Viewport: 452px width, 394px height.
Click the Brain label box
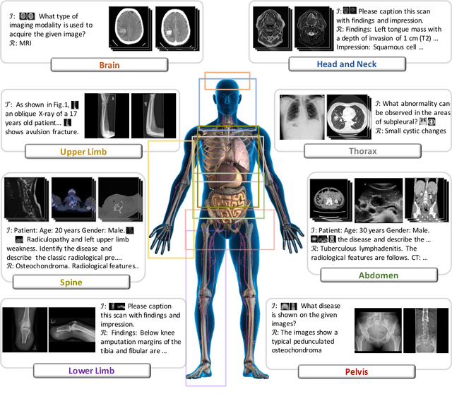(x=108, y=65)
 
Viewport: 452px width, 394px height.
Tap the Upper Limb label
(x=83, y=152)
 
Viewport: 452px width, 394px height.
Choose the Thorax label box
(x=361, y=151)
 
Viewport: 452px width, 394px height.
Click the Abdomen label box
(x=379, y=275)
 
